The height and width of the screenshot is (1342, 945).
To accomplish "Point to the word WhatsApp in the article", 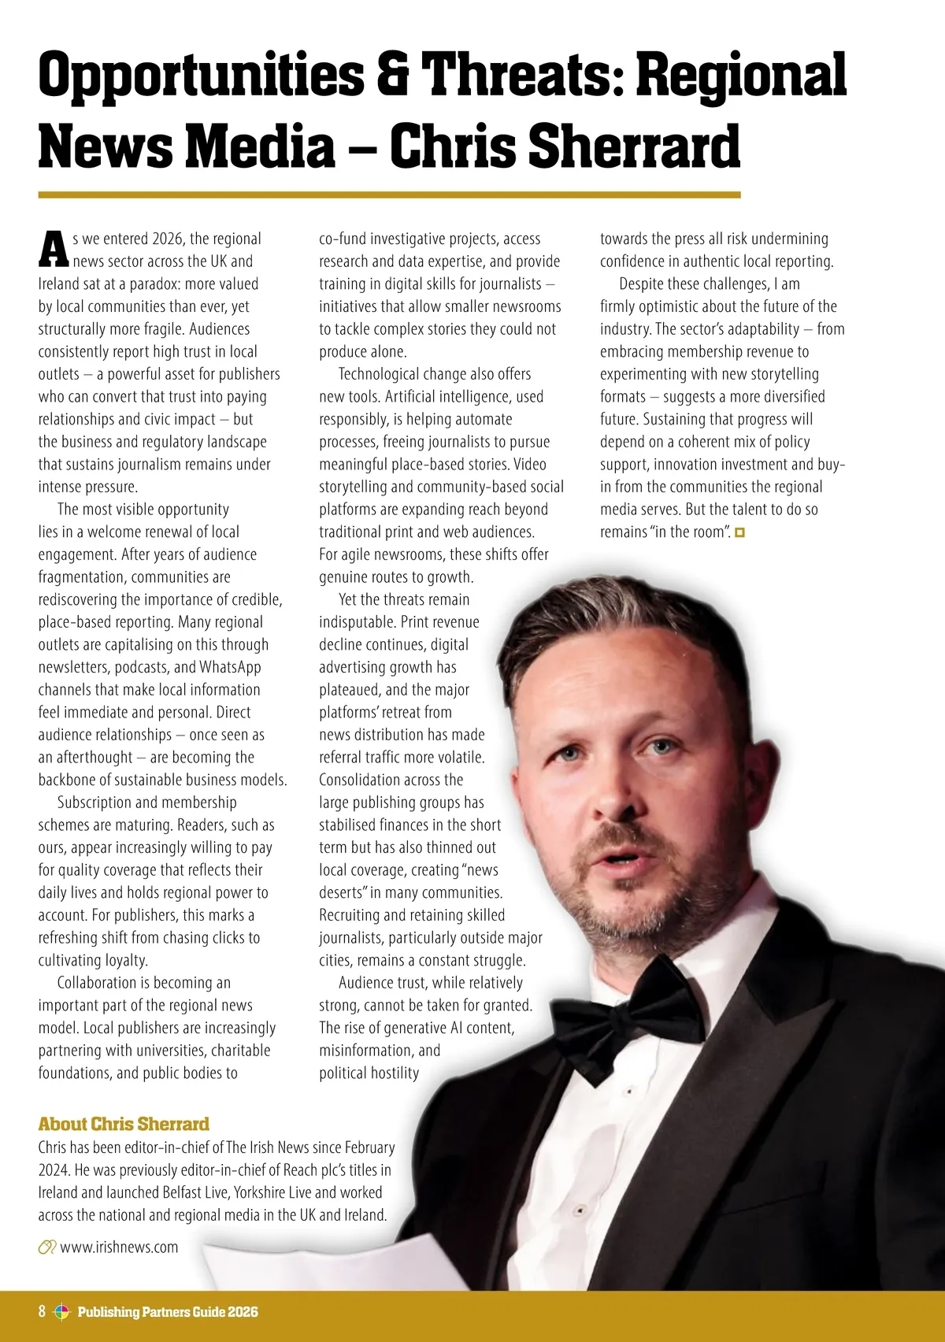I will point(230,667).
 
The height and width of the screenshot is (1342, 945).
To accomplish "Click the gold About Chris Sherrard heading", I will point(124,1124).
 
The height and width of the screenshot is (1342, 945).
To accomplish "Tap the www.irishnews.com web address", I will point(119,1247).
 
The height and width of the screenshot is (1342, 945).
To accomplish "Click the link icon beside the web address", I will point(47,1247).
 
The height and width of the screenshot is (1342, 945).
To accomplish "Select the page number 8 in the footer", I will point(42,1311).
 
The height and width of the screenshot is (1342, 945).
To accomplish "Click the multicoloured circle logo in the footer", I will point(61,1312).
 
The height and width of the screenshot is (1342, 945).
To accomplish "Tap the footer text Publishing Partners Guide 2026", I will point(168,1312).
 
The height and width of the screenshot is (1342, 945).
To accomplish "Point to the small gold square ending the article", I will point(739,533).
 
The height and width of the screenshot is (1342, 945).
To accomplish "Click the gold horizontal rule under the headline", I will point(389,195).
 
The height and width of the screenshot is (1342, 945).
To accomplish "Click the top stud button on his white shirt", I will point(629,1091).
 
